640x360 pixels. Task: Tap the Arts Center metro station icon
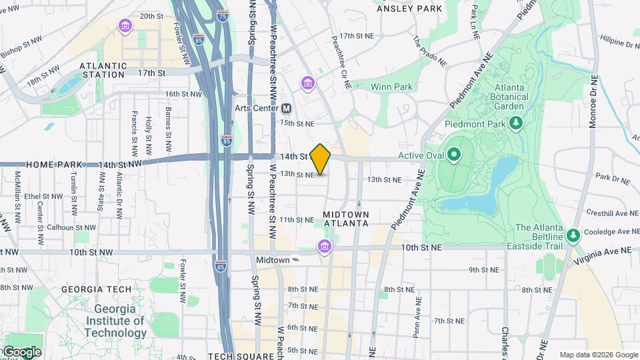(x=287, y=108)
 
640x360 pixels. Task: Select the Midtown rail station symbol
(x=296, y=259)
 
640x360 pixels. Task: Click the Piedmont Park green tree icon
(x=515, y=123)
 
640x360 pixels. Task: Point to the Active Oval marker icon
(x=455, y=156)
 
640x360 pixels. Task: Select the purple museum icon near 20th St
(x=125, y=26)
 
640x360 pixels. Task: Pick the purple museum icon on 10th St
(x=324, y=247)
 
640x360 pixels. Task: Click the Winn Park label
(x=391, y=87)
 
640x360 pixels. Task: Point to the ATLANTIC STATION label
(x=103, y=70)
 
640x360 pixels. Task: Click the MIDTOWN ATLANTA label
(x=345, y=219)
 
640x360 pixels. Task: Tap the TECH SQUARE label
(x=241, y=356)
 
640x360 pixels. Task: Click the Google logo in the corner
(x=21, y=351)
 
